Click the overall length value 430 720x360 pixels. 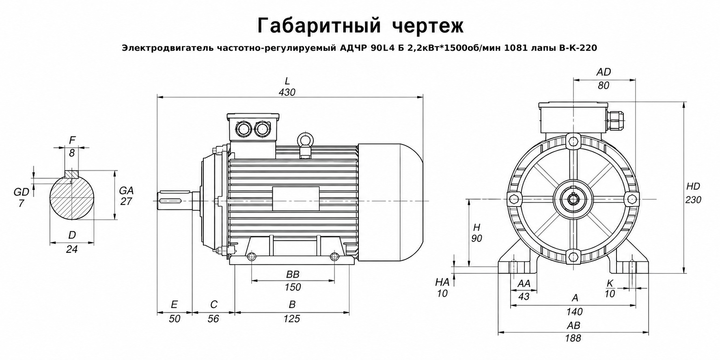[x=287, y=92]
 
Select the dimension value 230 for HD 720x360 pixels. [x=693, y=200]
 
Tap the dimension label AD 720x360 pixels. [x=604, y=72]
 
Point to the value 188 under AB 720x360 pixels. [x=573, y=338]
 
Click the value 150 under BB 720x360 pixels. [x=293, y=287]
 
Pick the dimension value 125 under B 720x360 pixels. [x=292, y=319]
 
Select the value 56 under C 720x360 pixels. [x=213, y=319]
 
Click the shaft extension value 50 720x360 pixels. [x=174, y=319]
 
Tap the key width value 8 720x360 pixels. [x=72, y=153]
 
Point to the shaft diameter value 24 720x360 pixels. [x=72, y=249]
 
